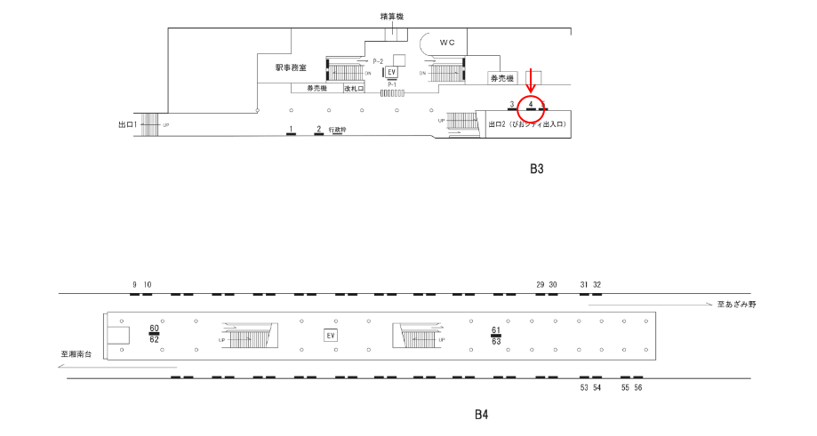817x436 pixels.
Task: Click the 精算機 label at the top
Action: pos(391,16)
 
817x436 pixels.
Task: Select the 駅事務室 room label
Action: pos(291,67)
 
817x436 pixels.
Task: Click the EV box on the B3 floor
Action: pos(391,72)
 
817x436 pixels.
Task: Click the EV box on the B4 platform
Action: pos(331,336)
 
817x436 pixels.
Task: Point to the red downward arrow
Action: pos(531,83)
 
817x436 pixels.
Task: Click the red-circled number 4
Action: pos(531,105)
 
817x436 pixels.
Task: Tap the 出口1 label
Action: pos(127,124)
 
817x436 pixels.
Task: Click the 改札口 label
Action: pos(355,89)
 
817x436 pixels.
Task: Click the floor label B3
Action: pos(536,169)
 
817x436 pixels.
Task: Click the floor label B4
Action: pos(481,414)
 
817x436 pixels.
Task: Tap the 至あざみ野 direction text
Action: pos(736,305)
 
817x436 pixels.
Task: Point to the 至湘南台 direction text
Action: pos(76,353)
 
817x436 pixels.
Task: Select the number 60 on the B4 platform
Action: pos(154,329)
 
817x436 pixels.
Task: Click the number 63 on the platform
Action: pos(496,341)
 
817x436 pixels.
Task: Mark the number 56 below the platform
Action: pos(638,388)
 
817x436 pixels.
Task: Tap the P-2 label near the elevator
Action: pos(378,60)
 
